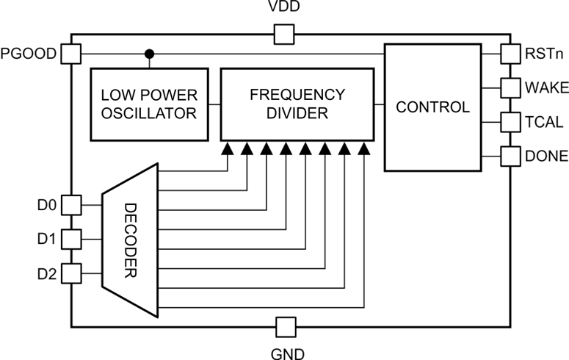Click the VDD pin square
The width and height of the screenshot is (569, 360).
tap(284, 34)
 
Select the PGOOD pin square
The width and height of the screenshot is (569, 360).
tap(70, 54)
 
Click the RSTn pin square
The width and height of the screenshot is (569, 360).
tap(510, 54)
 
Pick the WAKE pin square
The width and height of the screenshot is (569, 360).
tap(510, 88)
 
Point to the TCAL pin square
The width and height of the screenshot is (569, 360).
tap(510, 122)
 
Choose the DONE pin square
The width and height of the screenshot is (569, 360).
tap(510, 156)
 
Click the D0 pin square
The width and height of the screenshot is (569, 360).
tap(70, 204)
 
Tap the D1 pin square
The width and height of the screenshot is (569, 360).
tap(70, 239)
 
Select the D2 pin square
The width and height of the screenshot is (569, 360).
tap(70, 273)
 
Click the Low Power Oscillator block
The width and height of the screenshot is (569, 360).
tap(148, 104)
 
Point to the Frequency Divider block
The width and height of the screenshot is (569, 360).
tap(297, 104)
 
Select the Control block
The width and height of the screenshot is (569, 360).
tap(432, 107)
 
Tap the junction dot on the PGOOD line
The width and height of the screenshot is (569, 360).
tap(149, 54)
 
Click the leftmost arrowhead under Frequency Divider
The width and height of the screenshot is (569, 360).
tap(228, 148)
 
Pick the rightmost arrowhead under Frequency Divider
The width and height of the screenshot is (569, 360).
tap(364, 148)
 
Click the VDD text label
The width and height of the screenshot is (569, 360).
tap(284, 8)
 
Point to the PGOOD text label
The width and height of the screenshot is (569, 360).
tap(29, 54)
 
